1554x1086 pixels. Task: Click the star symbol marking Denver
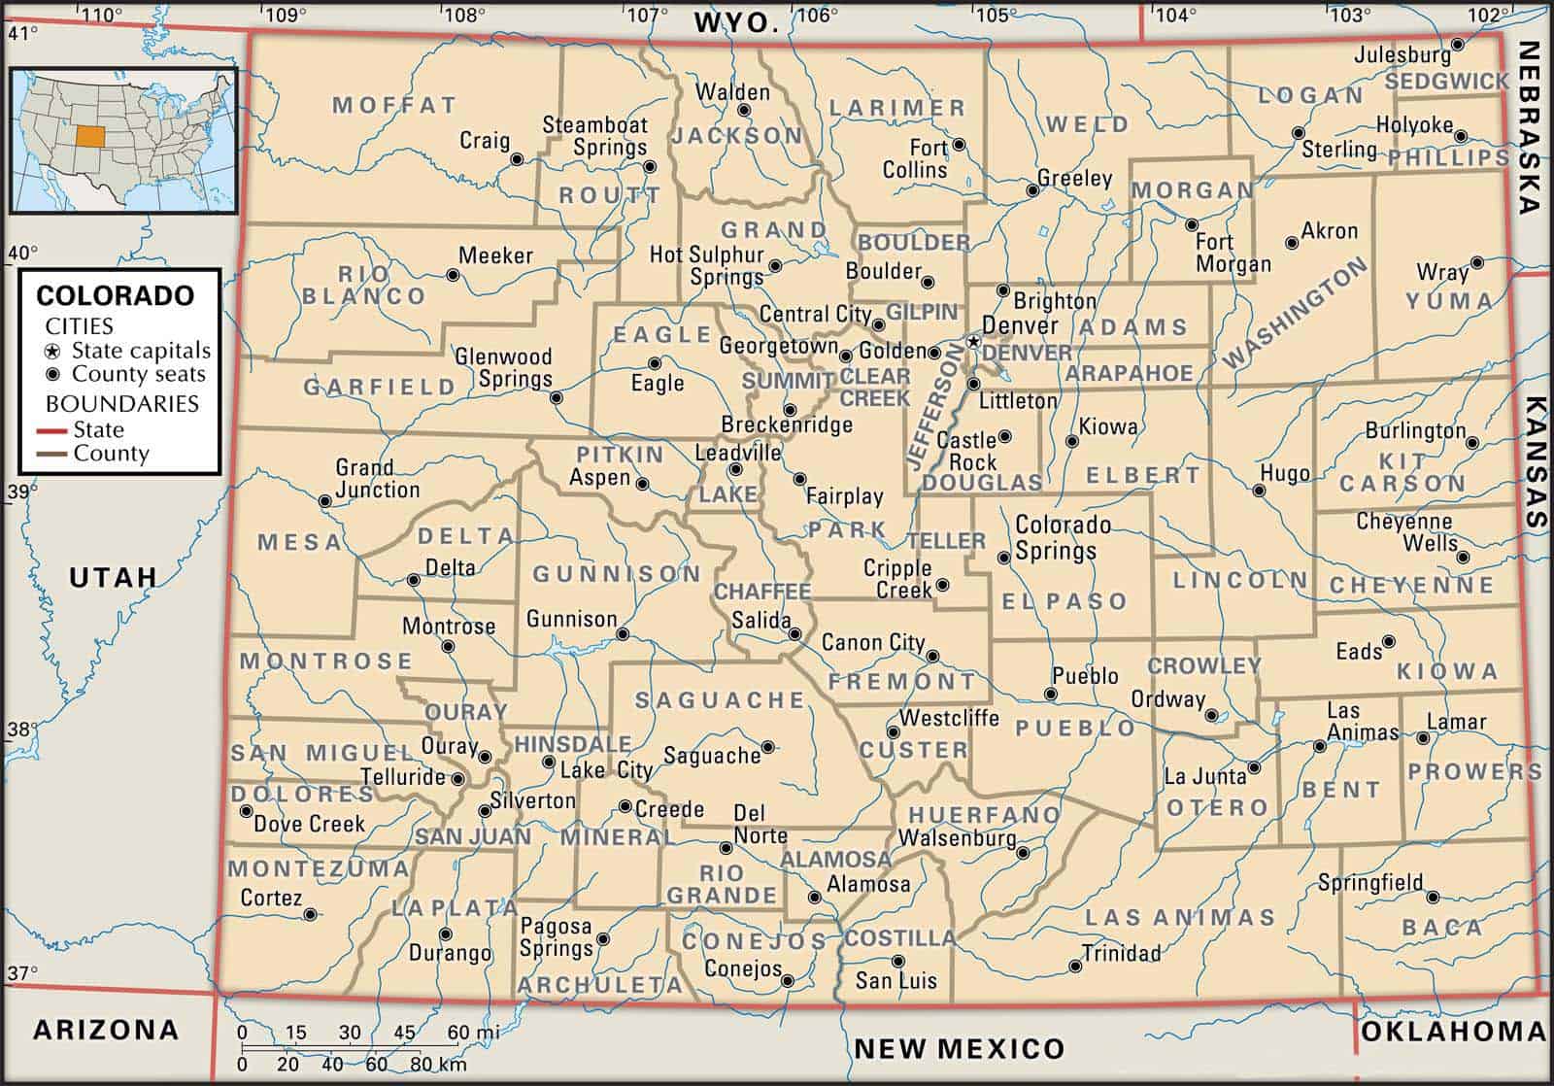pos(973,342)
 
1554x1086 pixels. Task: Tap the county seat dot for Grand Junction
pos(325,501)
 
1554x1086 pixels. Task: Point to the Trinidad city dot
pos(1075,967)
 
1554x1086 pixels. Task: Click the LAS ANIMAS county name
pos(1179,917)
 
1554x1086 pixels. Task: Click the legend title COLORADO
pos(116,295)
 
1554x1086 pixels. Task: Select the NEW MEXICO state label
pos(959,1048)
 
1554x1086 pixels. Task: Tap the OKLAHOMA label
pos(1453,1032)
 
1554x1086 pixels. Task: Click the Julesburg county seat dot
pos(1458,45)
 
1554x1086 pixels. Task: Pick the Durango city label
pos(450,953)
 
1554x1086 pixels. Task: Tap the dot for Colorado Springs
pos(1004,558)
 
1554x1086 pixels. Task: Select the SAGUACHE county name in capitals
pos(720,699)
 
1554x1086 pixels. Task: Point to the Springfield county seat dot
pos(1433,897)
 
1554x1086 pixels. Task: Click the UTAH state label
pos(114,577)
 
